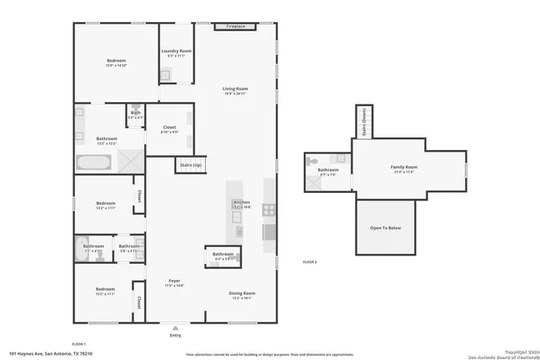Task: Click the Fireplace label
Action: [x=235, y=27]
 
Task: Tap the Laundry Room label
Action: [x=176, y=52]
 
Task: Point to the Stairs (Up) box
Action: [x=191, y=165]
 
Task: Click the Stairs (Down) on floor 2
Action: [x=364, y=123]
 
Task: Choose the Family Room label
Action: [x=404, y=168]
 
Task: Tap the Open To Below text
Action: [x=386, y=227]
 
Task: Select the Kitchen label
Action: [x=241, y=203]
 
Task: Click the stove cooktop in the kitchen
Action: [x=269, y=210]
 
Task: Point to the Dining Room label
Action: [x=242, y=293]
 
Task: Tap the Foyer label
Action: [x=174, y=281]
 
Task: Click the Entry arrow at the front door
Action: [x=175, y=328]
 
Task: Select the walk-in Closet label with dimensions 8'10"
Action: [x=169, y=129]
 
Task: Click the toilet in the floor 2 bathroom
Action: [x=312, y=160]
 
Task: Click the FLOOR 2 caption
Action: [x=310, y=262]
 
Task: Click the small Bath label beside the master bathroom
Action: [x=135, y=113]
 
